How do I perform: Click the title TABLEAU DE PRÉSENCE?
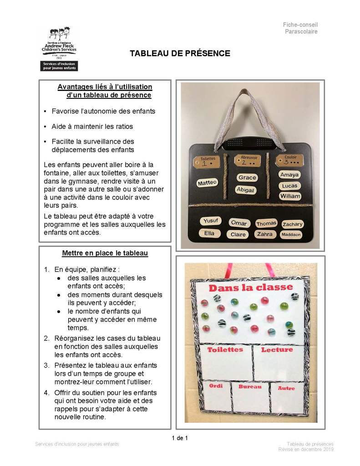click(180, 54)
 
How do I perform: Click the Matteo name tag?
click(208, 183)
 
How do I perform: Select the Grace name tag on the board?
click(247, 177)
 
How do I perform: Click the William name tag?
click(290, 196)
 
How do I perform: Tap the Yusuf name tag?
click(211, 221)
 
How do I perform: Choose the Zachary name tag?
click(292, 224)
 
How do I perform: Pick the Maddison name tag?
click(291, 235)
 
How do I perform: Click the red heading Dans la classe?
click(250, 287)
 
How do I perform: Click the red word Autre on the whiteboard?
click(286, 388)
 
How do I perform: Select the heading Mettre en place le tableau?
click(105, 253)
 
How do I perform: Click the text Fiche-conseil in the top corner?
click(300, 25)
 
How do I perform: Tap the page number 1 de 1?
click(180, 438)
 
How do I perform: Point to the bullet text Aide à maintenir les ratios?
click(92, 126)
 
